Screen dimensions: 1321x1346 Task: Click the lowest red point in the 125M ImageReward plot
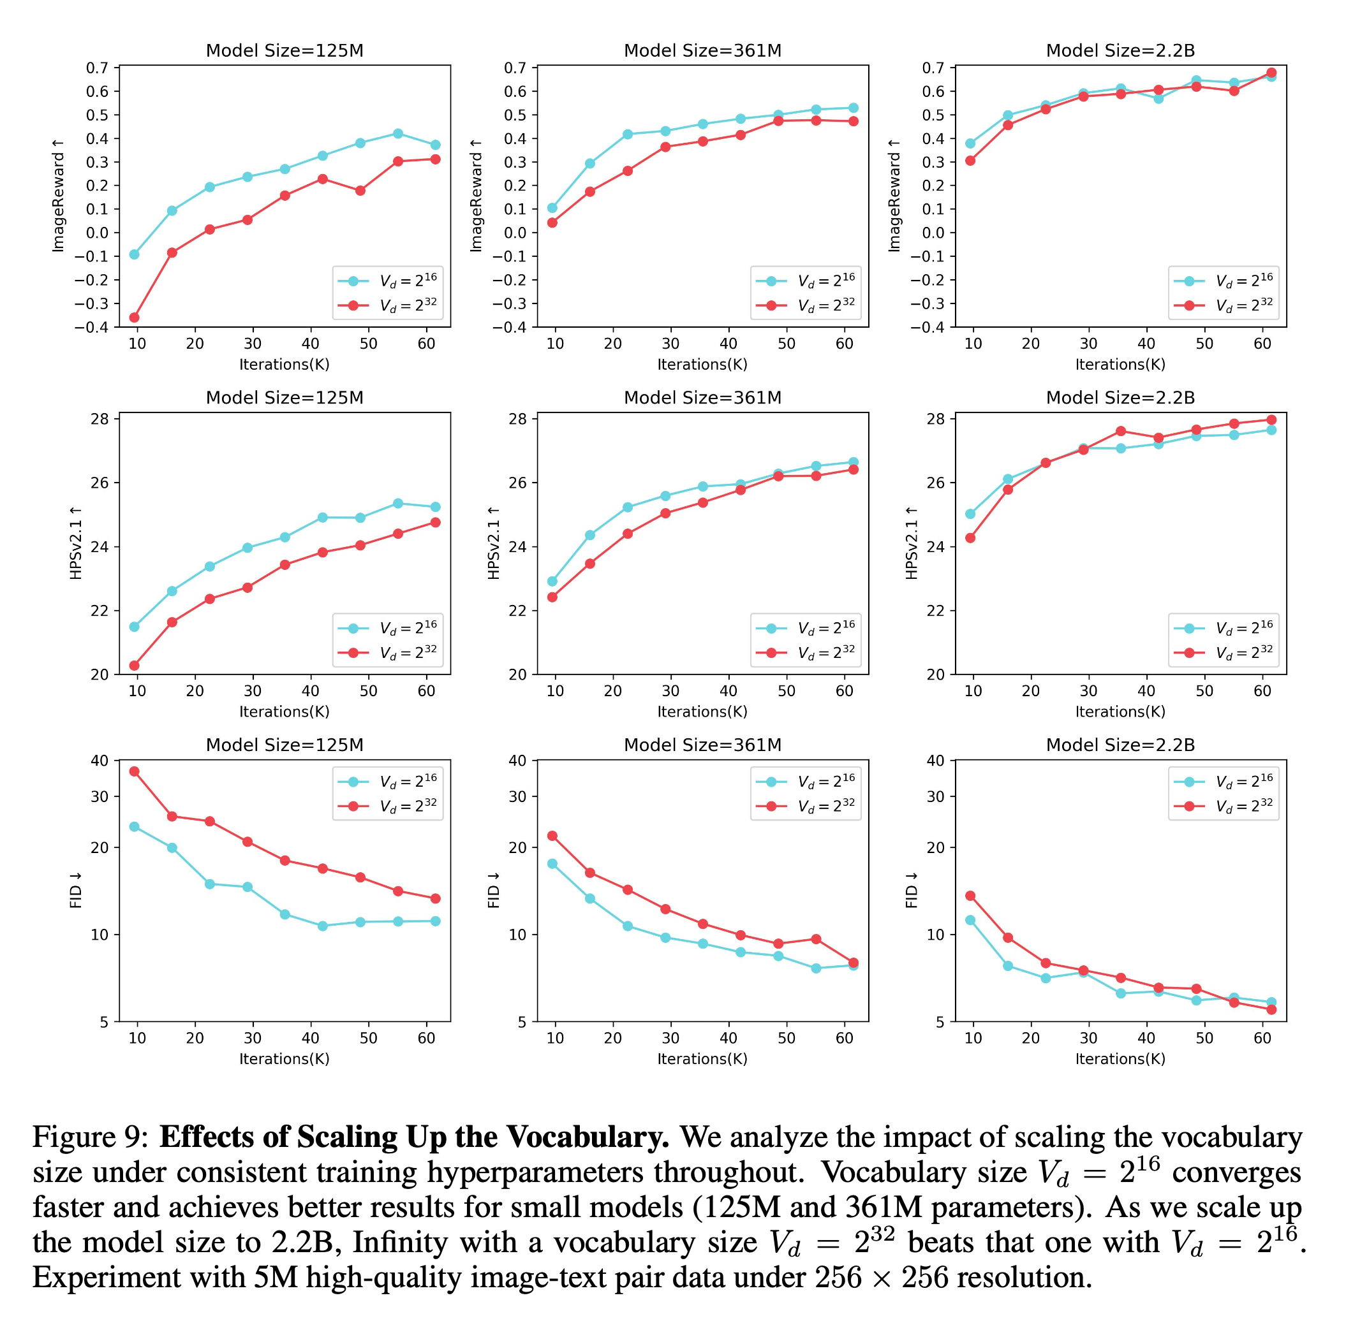(135, 317)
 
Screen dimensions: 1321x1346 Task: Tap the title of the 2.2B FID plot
(1120, 745)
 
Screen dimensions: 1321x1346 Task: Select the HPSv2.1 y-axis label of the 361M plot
(494, 543)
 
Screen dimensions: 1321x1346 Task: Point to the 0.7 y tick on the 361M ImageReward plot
(515, 68)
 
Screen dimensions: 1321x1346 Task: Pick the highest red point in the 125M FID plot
(135, 771)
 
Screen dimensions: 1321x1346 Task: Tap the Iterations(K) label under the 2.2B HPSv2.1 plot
(1120, 712)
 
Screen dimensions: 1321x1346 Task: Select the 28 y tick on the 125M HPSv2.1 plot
(100, 419)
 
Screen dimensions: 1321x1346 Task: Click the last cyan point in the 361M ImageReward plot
(853, 108)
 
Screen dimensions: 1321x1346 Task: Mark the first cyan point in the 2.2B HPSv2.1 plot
(970, 514)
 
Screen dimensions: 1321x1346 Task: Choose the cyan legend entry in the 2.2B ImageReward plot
(1223, 281)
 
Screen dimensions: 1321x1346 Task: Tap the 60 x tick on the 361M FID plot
(844, 1038)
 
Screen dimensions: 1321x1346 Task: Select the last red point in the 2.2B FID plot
(1271, 1009)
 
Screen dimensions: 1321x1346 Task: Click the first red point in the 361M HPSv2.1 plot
(552, 597)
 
